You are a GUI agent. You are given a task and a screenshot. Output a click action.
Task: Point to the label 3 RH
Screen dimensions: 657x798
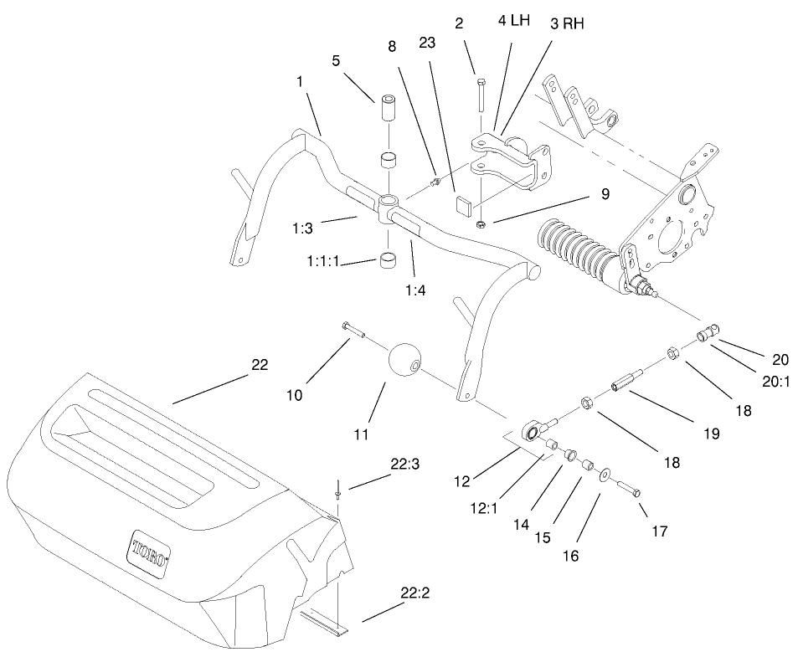567,23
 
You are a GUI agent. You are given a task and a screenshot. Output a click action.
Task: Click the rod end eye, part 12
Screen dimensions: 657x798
530,432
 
